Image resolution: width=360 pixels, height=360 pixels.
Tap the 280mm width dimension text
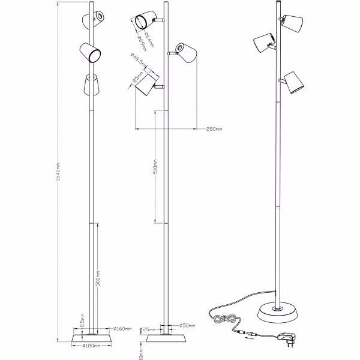pyautogui.click(x=214, y=129)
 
